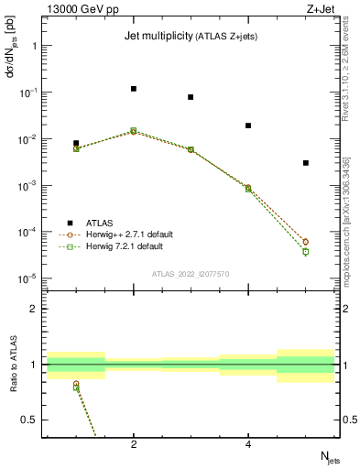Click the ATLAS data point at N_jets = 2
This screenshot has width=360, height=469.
coord(134,89)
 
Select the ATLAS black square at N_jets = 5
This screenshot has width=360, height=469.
coord(306,163)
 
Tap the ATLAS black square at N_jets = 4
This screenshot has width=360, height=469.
coord(248,125)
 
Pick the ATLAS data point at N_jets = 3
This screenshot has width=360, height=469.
coord(191,97)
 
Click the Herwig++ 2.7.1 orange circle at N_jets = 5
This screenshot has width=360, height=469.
coord(306,242)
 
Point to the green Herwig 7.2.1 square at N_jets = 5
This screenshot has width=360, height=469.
coord(306,251)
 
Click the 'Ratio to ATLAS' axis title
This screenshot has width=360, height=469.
coord(10,365)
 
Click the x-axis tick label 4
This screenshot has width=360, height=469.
coord(248,445)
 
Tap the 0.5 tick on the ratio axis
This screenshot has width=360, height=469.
coord(28,420)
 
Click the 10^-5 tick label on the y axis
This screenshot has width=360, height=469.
coord(27,278)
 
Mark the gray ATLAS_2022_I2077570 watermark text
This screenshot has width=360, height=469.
coord(191,274)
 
